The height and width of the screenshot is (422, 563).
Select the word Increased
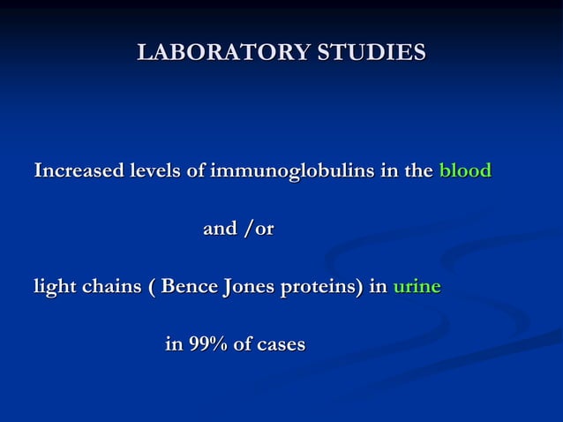76,170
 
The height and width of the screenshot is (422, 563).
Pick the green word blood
465,170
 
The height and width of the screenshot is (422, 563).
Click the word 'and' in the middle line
220,229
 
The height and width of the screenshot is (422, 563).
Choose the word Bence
185,287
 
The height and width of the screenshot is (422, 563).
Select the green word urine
417,287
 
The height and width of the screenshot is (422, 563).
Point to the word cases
281,345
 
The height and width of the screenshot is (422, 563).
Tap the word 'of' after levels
197,170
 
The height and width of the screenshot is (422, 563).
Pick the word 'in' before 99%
175,344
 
